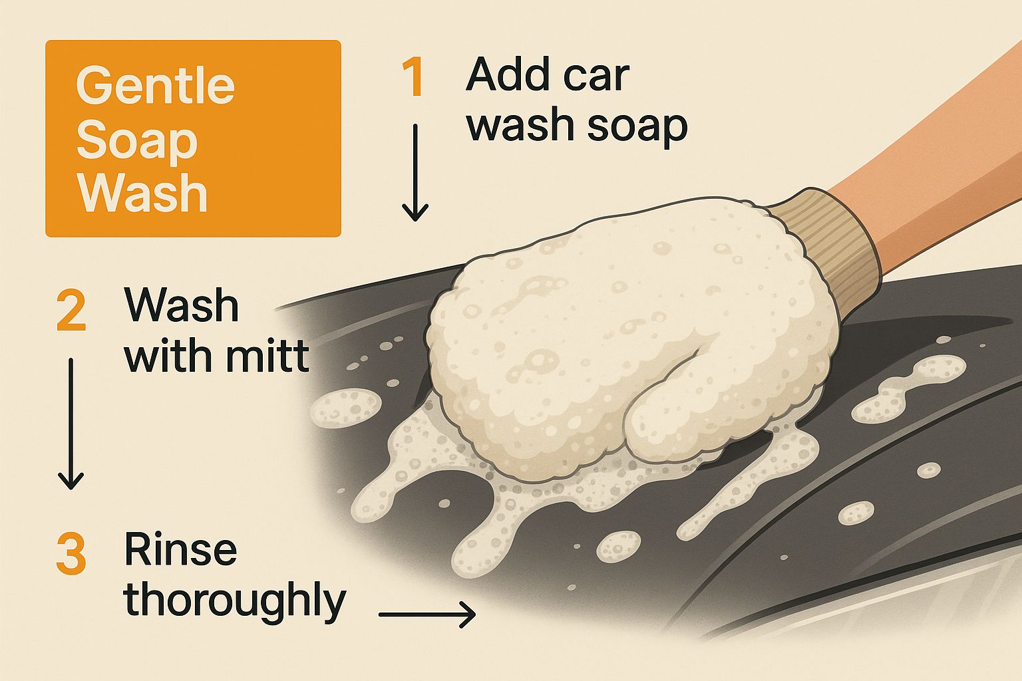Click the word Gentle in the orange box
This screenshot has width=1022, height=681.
[155, 85]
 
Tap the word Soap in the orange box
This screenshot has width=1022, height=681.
[137, 142]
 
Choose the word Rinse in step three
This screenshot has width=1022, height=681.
[180, 549]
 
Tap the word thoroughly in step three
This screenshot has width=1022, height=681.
[234, 600]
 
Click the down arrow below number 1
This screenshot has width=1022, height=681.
[415, 172]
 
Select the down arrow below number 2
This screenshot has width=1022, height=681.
[71, 424]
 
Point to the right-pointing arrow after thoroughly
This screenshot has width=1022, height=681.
[427, 614]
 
